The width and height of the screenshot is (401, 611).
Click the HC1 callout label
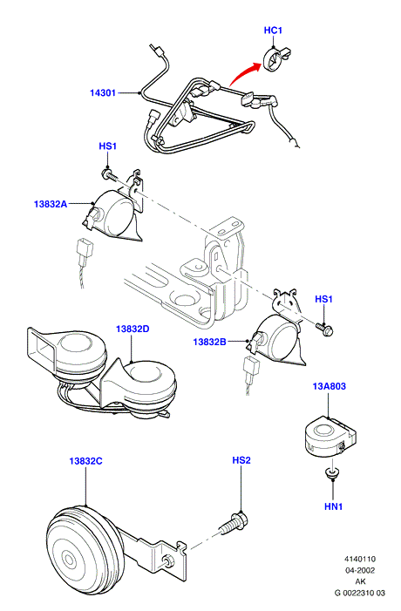273,31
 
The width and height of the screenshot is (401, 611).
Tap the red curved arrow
242,72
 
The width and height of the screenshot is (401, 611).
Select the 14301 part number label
103,92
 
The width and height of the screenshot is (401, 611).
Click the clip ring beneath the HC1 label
274,59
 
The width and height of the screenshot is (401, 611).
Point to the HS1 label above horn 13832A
107,146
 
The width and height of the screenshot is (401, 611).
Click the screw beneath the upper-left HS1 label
110,175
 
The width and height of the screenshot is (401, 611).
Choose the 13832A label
51,204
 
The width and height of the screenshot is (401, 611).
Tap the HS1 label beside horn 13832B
323,299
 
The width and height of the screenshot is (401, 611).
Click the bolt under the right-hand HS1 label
324,329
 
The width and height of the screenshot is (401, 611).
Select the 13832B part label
210,342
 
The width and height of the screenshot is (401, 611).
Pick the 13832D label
133,329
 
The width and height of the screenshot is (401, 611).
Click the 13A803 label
329,386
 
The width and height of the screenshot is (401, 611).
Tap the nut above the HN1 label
332,473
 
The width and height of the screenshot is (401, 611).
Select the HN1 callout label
334,506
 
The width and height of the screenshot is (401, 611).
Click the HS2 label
241,460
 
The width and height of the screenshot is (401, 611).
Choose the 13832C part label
85,461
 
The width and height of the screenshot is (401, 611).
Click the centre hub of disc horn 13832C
70,560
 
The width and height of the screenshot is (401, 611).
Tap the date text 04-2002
360,571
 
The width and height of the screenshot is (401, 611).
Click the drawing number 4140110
360,560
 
